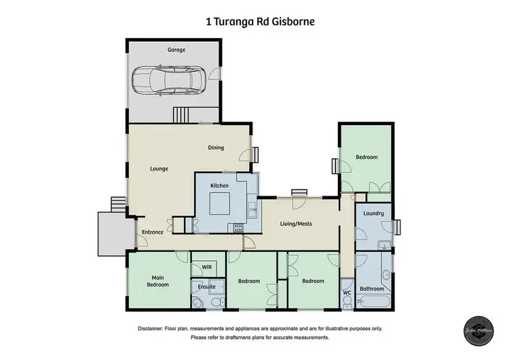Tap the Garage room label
click(176, 50)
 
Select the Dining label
click(216, 148)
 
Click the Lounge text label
click(159, 169)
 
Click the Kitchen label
click(219, 185)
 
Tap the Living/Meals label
click(297, 223)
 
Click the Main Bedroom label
click(158, 281)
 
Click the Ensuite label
click(206, 287)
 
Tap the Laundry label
click(373, 214)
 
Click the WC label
click(347, 293)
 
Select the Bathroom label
click(372, 288)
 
